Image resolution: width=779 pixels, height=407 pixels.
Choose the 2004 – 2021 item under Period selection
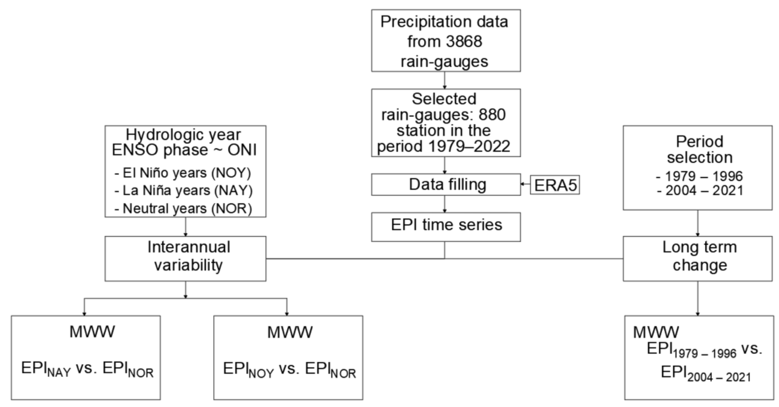[x=700, y=190]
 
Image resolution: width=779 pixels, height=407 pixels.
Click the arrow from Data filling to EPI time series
[x=444, y=204]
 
